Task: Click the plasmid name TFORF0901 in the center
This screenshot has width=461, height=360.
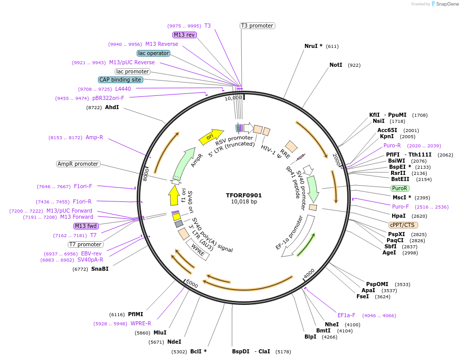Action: [244, 195]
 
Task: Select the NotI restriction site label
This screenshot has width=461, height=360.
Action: [336, 65]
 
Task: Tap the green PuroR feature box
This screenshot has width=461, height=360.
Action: [399, 188]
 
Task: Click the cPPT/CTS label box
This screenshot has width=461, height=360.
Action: [403, 225]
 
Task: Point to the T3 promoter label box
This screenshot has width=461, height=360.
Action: [258, 25]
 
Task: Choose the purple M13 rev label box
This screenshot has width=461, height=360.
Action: [184, 35]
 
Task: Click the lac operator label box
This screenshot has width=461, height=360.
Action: [153, 53]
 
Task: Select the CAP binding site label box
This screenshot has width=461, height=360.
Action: [120, 80]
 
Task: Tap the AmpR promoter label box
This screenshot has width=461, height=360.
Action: [79, 164]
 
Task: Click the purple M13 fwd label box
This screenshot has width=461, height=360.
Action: [86, 226]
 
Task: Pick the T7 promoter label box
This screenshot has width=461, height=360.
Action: [86, 244]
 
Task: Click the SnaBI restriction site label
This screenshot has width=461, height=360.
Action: [100, 269]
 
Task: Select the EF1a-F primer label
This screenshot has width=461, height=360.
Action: [346, 315]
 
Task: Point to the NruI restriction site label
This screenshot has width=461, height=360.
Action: [313, 46]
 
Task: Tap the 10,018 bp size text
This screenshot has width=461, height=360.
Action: [244, 202]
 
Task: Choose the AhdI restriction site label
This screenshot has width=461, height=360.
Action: [112, 107]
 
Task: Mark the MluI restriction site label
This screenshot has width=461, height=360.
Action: [160, 332]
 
